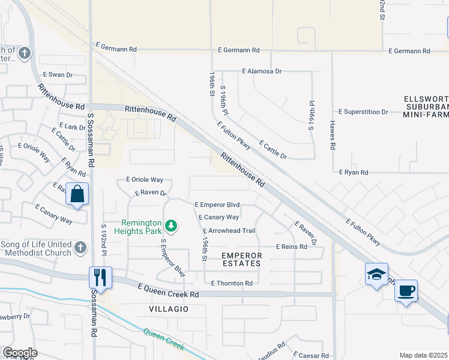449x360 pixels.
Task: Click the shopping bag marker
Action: [77, 194]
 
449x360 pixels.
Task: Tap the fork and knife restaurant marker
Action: [100, 277]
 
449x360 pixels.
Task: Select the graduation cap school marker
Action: [376, 275]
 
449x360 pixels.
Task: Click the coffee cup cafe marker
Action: [406, 291]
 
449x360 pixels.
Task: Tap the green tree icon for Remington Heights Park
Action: [172, 226]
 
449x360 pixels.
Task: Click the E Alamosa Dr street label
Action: [262, 71]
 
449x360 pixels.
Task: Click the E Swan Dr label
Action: [58, 75]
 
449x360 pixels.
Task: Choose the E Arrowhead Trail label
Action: [229, 231]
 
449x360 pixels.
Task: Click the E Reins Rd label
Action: [292, 247]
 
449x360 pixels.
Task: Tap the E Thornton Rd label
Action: [232, 283]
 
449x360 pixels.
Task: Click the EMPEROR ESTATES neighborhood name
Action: [242, 259]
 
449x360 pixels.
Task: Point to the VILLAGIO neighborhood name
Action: [169, 308]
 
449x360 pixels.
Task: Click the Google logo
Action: [20, 353]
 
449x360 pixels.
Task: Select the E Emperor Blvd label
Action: [221, 205]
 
